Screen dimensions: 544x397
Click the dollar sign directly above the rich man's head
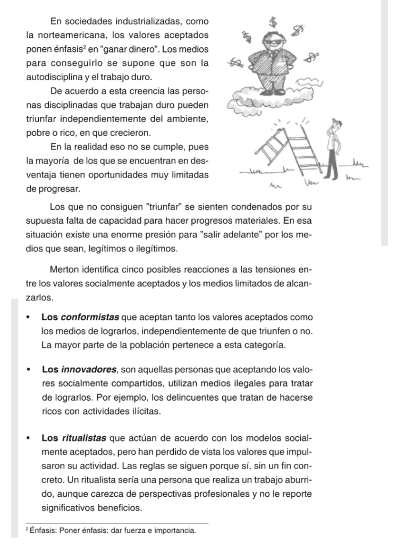[x=273, y=22]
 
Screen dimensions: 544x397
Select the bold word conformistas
[x=91, y=318]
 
